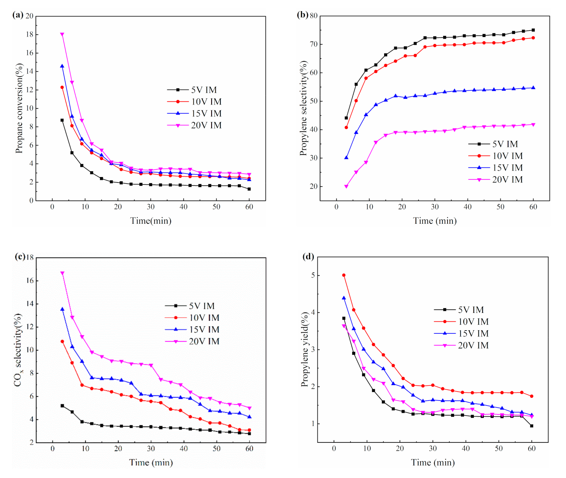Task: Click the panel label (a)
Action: pos(18,15)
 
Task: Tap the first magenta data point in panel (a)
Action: pos(62,34)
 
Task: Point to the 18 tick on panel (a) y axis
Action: pos(29,34)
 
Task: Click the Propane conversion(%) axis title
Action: pos(19,108)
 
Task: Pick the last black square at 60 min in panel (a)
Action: pos(249,189)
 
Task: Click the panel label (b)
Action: pos(302,15)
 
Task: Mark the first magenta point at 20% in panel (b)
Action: pos(346,186)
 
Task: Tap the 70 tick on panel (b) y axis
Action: pos(314,44)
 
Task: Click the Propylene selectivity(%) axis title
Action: pos(303,108)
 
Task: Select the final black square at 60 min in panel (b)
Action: pos(533,30)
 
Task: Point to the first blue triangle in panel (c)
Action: pos(62,309)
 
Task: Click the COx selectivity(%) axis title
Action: pos(18,350)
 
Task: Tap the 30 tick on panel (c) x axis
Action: pos(151,449)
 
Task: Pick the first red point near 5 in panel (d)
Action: pos(344,275)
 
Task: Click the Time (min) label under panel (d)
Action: pos(433,463)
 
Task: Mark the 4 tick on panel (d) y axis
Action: pos(312,312)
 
